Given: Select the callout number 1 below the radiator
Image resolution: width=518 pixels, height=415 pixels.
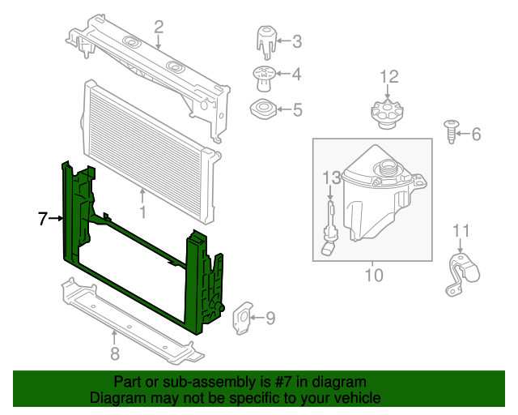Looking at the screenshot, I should [142, 213].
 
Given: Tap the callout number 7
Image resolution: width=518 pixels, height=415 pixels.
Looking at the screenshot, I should [43, 218].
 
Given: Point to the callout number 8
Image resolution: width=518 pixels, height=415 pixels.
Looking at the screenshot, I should [115, 352].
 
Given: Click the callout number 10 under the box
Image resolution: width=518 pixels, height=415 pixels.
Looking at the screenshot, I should [372, 276].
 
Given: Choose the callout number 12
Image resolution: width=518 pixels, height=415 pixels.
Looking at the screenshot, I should [389, 77].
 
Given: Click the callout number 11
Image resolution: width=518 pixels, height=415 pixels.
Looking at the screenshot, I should [461, 231].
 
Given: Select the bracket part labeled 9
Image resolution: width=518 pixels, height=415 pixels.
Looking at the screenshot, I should [242, 319].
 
